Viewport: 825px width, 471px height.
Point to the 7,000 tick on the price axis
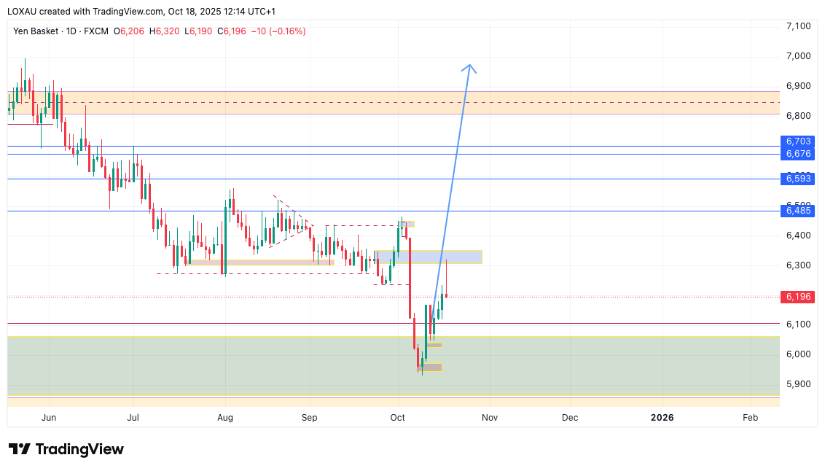click(798, 56)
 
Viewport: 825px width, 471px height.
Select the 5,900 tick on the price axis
click(798, 384)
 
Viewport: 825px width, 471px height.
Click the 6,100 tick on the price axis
click(798, 324)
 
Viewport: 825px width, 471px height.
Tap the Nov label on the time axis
click(490, 418)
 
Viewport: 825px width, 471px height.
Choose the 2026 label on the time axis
click(662, 418)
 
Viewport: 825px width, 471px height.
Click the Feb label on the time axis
click(750, 418)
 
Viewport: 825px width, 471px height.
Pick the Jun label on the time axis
click(49, 418)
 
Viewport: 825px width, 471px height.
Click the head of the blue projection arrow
click(469, 67)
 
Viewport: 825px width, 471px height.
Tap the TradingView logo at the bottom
click(66, 449)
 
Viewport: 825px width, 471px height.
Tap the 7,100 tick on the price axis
click(798, 26)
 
